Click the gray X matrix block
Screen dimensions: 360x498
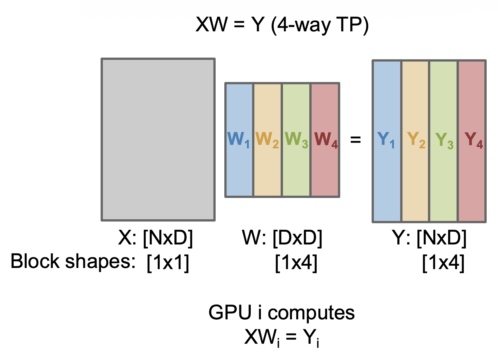[158, 139]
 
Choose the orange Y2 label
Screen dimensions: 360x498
[416, 140]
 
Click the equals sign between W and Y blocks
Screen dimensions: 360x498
[356, 140]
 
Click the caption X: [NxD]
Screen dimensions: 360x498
[156, 238]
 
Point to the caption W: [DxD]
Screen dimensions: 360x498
[282, 238]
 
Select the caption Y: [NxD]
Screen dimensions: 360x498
[429, 238]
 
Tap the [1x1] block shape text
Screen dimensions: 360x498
[168, 262]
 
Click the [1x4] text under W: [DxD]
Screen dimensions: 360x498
[296, 262]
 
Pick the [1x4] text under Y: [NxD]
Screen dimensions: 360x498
[443, 262]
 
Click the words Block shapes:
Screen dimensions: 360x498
[73, 261]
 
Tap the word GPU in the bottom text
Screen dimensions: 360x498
[230, 313]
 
